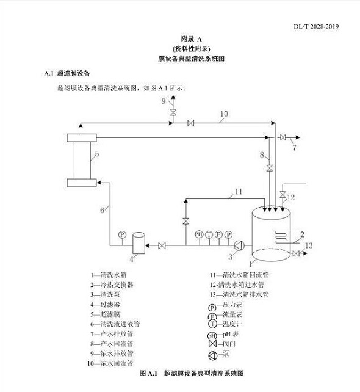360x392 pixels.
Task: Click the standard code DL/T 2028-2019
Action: [x=316, y=27]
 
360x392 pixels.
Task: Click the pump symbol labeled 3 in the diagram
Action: [x=239, y=245]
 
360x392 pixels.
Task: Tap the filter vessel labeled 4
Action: [x=139, y=243]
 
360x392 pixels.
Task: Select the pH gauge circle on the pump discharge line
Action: [x=199, y=234]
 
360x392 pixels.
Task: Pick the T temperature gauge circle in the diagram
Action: [x=209, y=234]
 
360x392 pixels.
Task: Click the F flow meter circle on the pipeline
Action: [x=218, y=234]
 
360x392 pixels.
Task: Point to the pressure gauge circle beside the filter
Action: [x=122, y=234]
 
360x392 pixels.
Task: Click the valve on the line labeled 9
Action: [x=173, y=112]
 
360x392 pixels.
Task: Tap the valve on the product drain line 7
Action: [x=283, y=137]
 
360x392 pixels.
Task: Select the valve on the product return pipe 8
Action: [x=269, y=168]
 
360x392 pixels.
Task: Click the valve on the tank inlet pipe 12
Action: [x=283, y=195]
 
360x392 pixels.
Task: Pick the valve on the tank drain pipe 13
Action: [x=296, y=253]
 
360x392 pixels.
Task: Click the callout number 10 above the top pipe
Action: [x=224, y=114]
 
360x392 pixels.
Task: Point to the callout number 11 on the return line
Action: [x=239, y=192]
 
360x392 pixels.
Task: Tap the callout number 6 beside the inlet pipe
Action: [x=102, y=211]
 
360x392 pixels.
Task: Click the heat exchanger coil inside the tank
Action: [x=281, y=236]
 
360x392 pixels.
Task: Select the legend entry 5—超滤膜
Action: [x=105, y=314]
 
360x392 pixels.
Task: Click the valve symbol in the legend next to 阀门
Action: [x=212, y=344]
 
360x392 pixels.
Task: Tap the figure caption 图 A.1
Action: [x=149, y=373]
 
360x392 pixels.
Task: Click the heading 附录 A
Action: [x=192, y=39]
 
